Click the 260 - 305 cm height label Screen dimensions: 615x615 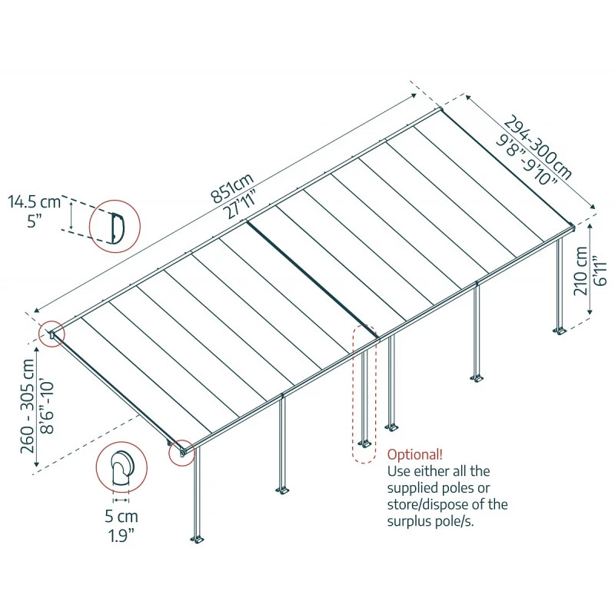(29, 404)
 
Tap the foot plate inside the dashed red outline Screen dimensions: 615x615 (363, 444)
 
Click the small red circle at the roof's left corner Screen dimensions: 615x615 (52, 334)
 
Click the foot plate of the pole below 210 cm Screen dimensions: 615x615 (560, 331)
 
